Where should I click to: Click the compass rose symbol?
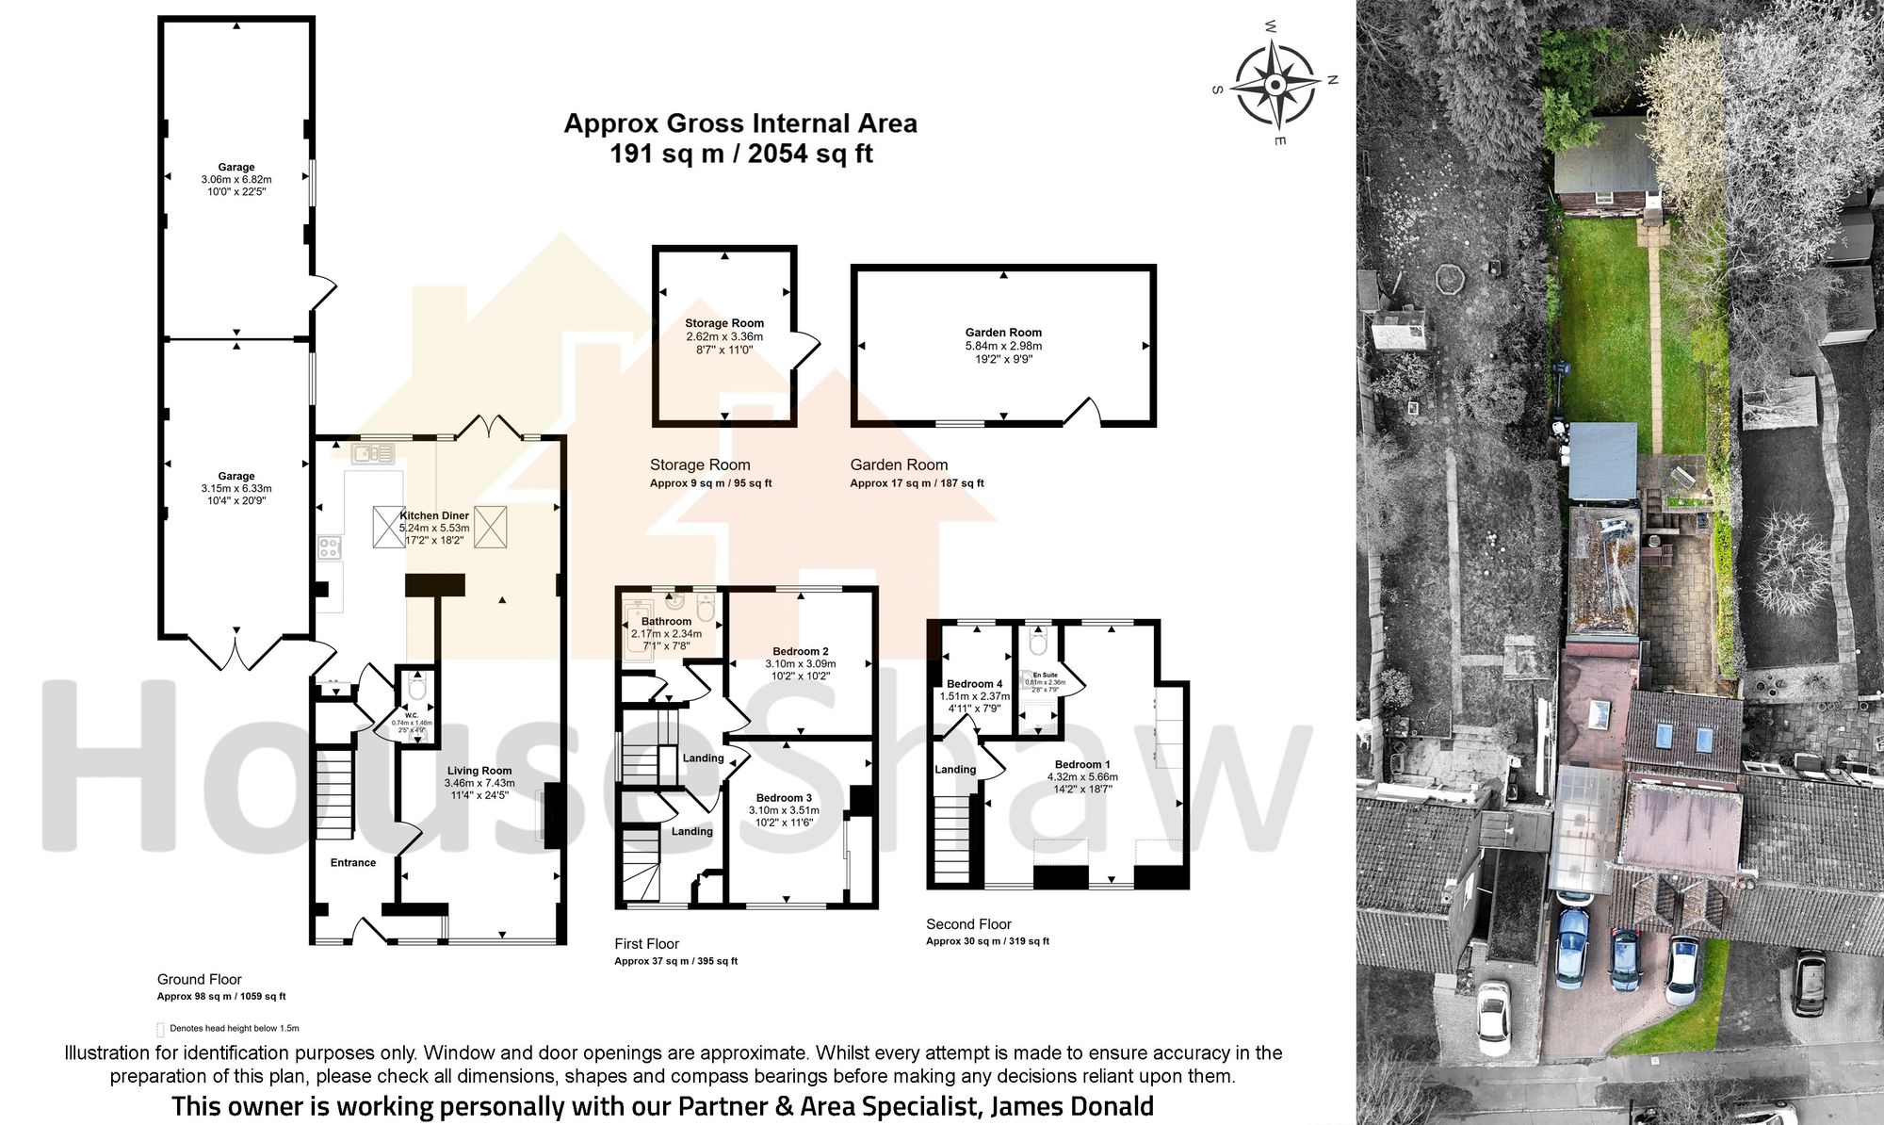point(1275,86)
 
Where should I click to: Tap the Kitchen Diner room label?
point(434,515)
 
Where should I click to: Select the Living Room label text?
point(479,770)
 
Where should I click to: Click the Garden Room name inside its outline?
point(1003,332)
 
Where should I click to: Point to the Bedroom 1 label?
point(1082,764)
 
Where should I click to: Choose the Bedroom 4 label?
point(974,684)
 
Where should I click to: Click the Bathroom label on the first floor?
point(666,621)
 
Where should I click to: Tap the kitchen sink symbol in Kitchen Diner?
point(373,455)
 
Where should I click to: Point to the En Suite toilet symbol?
point(1038,644)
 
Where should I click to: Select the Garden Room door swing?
point(1084,412)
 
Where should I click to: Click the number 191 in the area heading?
point(631,154)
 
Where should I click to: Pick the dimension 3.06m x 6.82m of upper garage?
point(235,180)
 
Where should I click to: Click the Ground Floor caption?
point(199,980)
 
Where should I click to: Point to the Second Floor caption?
point(968,924)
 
